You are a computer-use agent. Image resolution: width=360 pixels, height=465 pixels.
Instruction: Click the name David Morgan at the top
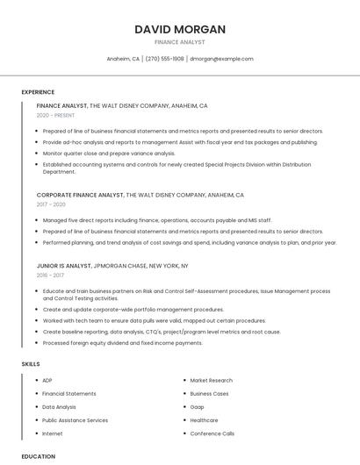click(180, 29)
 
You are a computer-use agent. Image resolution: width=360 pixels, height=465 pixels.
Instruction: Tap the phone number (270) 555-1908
click(164, 59)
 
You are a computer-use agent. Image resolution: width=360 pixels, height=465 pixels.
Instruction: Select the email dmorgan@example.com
click(221, 59)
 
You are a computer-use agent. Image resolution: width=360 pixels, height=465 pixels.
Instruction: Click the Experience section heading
click(38, 91)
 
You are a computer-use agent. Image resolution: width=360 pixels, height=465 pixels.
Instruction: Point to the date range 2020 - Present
click(55, 115)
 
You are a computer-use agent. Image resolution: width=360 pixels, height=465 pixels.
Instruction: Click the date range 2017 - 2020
click(51, 204)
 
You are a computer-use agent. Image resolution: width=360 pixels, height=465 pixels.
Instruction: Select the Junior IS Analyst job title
click(64, 265)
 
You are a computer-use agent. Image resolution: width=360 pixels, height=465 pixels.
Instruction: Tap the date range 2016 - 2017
click(50, 275)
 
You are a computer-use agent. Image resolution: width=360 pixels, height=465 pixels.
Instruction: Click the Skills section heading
click(31, 363)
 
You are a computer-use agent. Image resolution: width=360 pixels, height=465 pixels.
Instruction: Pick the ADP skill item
click(47, 381)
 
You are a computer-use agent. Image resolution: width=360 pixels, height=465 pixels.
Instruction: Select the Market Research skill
click(212, 381)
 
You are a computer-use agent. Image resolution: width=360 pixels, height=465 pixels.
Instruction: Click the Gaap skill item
click(198, 407)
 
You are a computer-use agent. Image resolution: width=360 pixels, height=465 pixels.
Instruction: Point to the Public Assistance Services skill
click(75, 420)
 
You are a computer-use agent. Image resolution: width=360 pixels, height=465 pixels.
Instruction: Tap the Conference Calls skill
click(212, 433)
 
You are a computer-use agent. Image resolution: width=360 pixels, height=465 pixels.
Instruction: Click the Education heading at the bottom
click(38, 456)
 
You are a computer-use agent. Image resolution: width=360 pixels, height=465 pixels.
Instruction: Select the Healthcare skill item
click(205, 420)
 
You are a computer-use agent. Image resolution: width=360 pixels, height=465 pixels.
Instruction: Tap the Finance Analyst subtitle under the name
click(180, 42)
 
